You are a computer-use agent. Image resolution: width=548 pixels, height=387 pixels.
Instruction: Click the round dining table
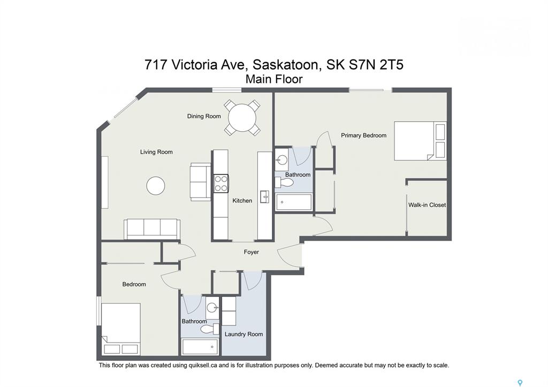click(x=242, y=118)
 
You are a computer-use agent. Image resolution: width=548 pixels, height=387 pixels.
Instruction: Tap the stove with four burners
click(x=221, y=184)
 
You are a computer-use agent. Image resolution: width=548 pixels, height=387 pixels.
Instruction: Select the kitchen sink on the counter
click(x=264, y=197)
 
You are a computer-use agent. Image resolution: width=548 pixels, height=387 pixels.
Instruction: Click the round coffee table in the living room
click(x=156, y=186)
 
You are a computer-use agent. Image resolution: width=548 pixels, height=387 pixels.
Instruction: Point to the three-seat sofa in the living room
click(x=152, y=229)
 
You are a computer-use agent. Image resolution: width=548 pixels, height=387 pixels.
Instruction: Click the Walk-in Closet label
click(x=427, y=205)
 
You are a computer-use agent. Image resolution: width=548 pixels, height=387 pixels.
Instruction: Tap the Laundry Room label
click(x=243, y=334)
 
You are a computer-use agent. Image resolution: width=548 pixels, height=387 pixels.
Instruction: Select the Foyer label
click(x=252, y=252)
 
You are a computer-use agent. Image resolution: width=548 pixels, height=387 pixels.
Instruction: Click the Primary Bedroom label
click(x=364, y=135)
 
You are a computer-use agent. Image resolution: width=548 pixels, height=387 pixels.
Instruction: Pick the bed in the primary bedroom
click(x=420, y=141)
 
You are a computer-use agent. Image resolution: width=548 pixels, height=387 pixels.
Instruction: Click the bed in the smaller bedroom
click(x=121, y=329)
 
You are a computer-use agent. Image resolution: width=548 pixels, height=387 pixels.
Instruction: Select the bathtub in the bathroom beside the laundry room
click(x=201, y=347)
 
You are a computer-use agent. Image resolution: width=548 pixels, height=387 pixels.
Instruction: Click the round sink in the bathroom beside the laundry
click(x=212, y=308)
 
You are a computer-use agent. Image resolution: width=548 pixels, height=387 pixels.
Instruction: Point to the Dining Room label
click(x=204, y=116)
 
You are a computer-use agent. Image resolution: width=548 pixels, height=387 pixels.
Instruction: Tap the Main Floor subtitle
click(x=274, y=79)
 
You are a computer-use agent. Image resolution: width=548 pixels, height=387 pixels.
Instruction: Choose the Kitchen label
click(x=242, y=201)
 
